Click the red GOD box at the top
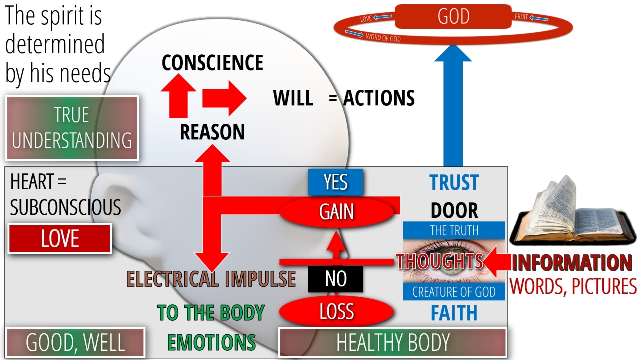pyautogui.click(x=453, y=16)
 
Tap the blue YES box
pyautogui.click(x=335, y=182)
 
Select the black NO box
pyautogui.click(x=335, y=279)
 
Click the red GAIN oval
pyautogui.click(x=337, y=212)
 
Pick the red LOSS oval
pyautogui.click(x=336, y=311)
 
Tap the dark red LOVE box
pyautogui.click(x=60, y=239)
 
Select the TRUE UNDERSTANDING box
pyautogui.click(x=72, y=128)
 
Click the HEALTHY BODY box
pyautogui.click(x=392, y=343)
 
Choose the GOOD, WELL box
pyautogui.click(x=75, y=343)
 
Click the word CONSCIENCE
pyautogui.click(x=212, y=63)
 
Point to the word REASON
pyautogui.click(x=212, y=132)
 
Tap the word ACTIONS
pyautogui.click(x=379, y=98)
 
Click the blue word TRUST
pyautogui.click(x=454, y=183)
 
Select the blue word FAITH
pyautogui.click(x=454, y=313)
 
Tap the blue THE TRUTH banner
pyautogui.click(x=454, y=230)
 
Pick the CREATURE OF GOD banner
pyautogui.click(x=454, y=292)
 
